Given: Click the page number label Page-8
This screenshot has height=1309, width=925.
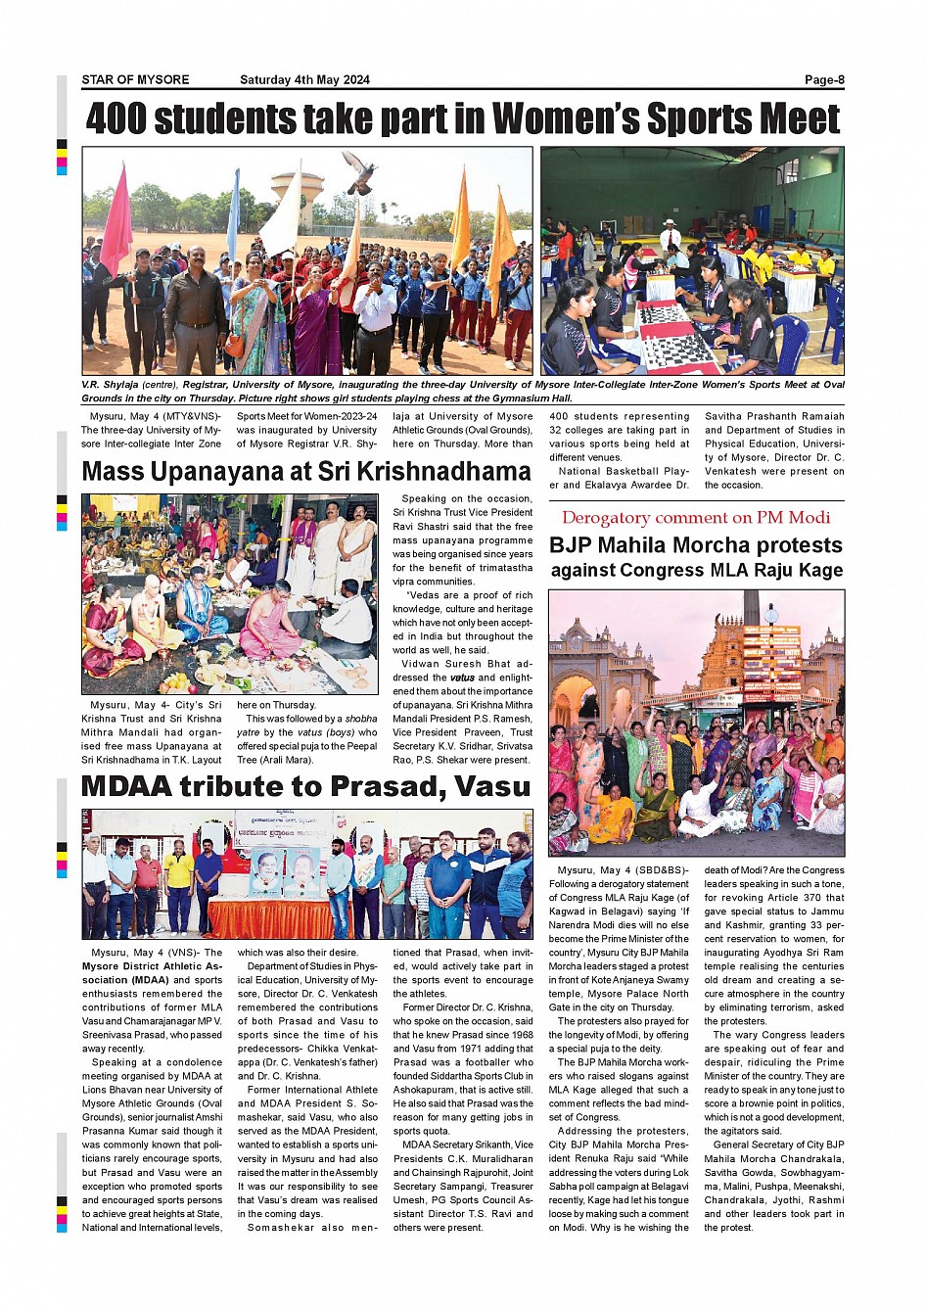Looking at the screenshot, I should tap(823, 80).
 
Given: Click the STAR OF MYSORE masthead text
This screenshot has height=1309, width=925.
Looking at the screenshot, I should tap(135, 80).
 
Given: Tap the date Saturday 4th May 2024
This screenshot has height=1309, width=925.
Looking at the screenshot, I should tap(304, 80).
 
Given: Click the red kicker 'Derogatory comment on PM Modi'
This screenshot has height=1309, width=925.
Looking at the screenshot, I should tap(696, 518).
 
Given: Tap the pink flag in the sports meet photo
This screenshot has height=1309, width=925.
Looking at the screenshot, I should tap(117, 222).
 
